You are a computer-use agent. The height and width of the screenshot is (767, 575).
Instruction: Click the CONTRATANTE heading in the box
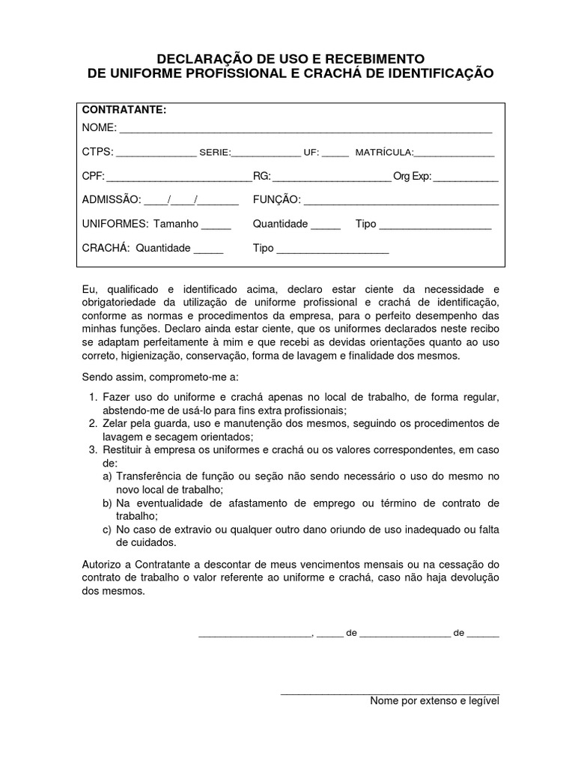point(124,110)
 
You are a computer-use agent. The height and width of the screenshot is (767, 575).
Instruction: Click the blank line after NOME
point(305,130)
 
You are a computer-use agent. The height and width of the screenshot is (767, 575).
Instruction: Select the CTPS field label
point(97,152)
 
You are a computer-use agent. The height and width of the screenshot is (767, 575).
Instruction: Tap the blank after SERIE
point(266,154)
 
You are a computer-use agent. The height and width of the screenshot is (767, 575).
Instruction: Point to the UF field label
point(311,153)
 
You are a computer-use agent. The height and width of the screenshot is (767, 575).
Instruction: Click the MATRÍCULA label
point(384,153)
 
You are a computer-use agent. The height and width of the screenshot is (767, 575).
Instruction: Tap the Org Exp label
point(413,178)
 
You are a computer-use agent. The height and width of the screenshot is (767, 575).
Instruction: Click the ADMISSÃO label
point(111,200)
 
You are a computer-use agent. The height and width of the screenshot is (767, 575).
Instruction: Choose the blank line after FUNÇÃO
point(401,202)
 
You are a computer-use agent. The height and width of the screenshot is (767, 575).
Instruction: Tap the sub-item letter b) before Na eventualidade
point(108,503)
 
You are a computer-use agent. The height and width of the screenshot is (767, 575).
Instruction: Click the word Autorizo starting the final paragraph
point(101,563)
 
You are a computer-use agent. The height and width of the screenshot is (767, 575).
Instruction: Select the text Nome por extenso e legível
point(434,701)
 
